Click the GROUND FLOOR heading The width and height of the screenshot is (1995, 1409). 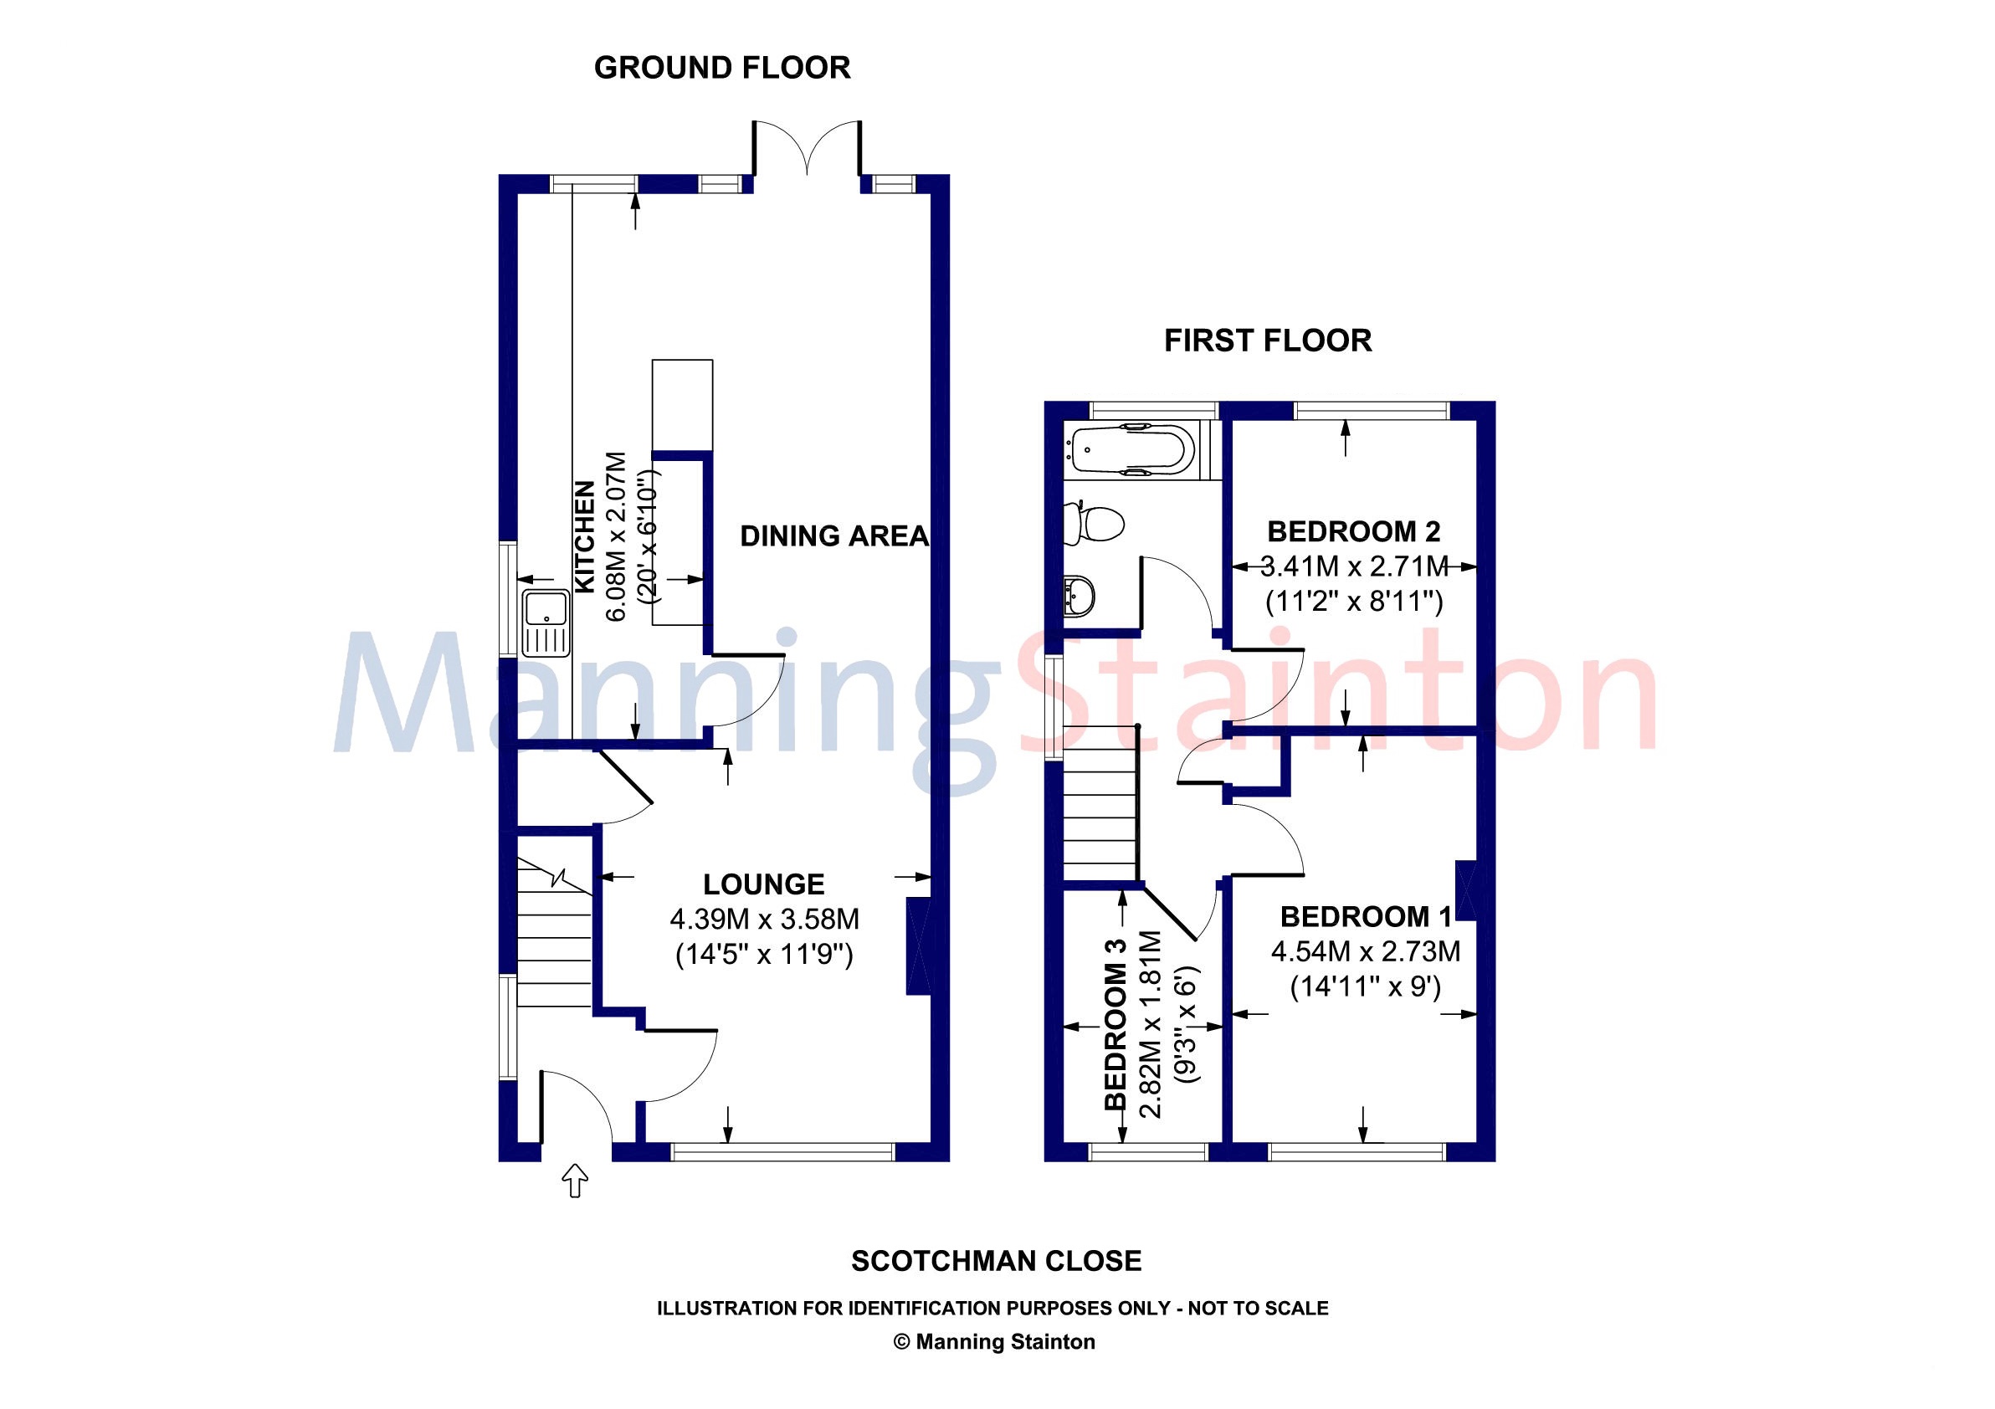(722, 68)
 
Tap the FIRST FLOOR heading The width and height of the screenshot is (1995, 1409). (1268, 341)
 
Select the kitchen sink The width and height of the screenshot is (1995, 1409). (545, 623)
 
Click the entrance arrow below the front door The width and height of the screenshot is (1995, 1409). (575, 1181)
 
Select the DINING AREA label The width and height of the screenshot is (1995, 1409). (834, 536)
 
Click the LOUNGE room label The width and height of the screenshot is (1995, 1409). (764, 884)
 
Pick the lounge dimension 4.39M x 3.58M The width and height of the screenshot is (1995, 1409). (765, 919)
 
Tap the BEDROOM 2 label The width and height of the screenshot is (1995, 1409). (1354, 530)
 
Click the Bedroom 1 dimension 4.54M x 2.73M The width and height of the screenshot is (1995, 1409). (1366, 951)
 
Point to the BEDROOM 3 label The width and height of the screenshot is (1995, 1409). (1115, 1024)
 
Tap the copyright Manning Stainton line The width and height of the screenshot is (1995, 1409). (994, 1342)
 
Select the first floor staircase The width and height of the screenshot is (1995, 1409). (1101, 803)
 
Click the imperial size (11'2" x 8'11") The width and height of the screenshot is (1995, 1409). (1354, 601)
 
